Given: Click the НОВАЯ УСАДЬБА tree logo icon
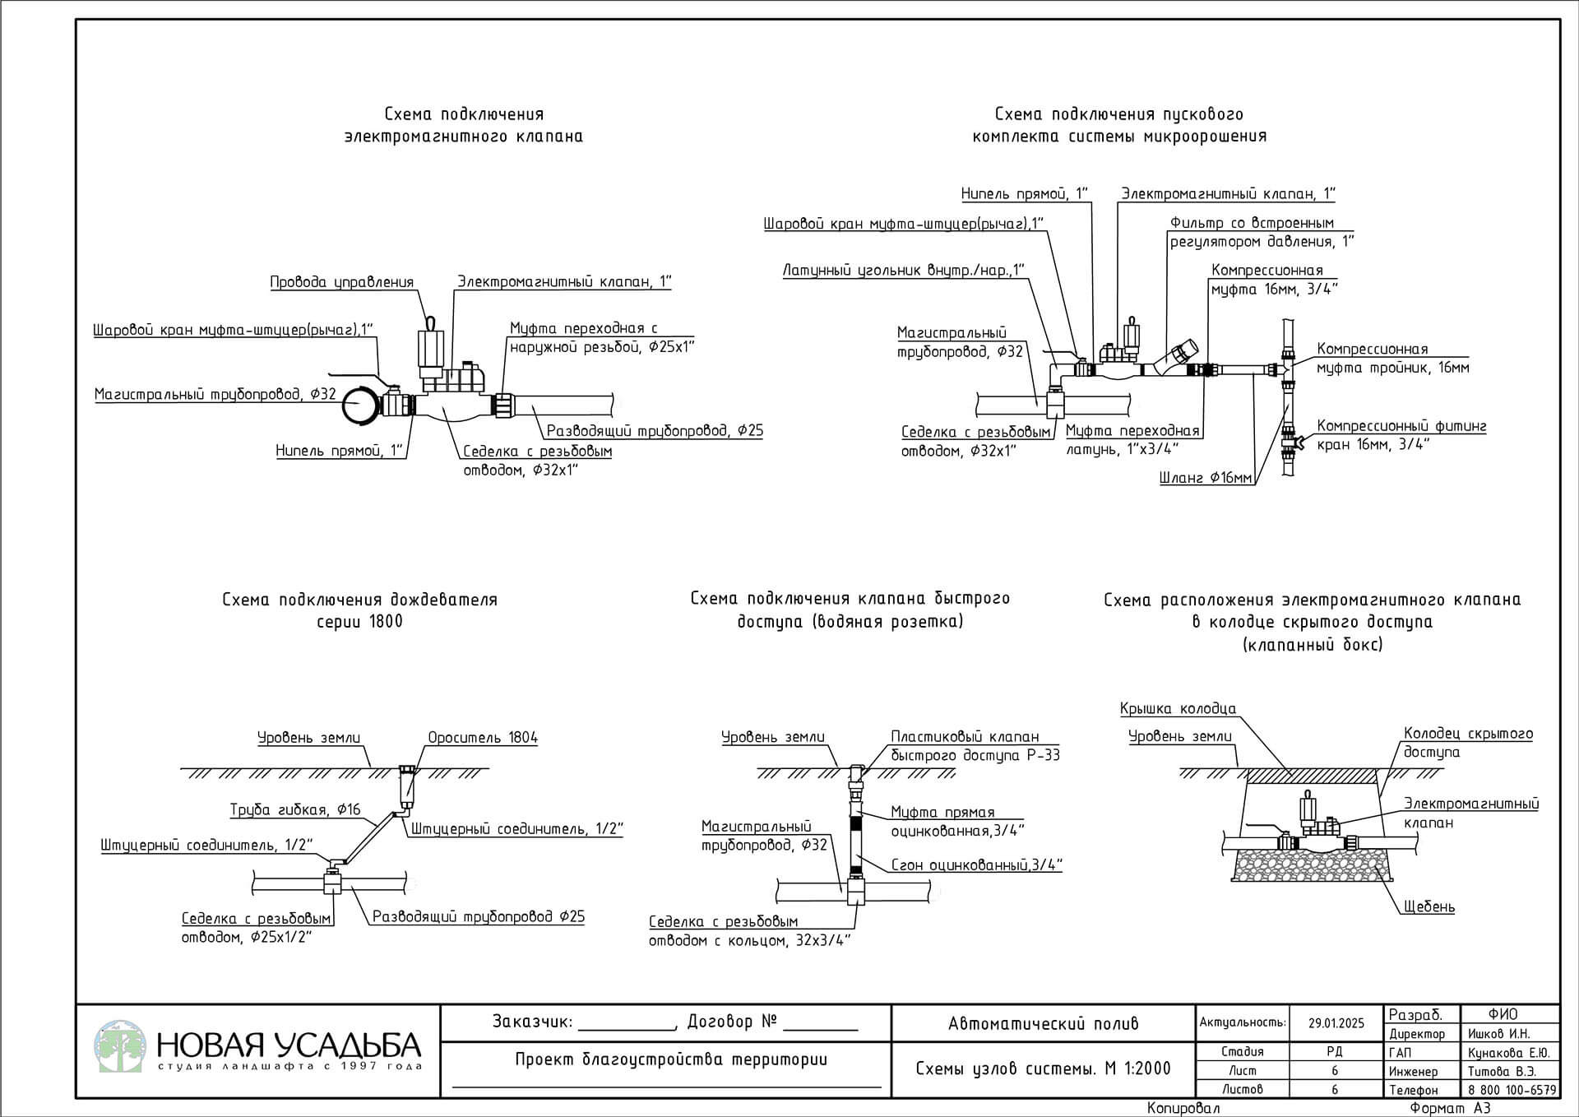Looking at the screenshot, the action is coord(120,1046).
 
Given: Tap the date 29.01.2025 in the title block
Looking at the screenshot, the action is coord(1336,1023).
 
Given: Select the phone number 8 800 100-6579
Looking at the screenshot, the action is coord(1512,1090).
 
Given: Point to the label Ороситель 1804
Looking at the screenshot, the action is coord(483,737).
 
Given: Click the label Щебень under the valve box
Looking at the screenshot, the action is coord(1429,906).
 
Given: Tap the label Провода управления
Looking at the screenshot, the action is coord(342,282).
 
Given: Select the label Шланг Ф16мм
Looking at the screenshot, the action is coord(1206,478).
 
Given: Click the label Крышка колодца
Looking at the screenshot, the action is coord(1178,708).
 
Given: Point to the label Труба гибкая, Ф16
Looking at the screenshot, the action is coord(295,810).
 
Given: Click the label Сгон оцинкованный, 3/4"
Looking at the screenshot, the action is coord(977,864).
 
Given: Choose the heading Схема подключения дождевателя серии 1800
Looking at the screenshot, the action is coord(360,610).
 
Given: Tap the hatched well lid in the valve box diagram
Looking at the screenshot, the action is coord(1313,776).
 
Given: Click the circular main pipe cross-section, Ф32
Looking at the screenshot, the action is coord(359,406).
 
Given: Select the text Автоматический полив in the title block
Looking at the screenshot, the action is coord(1044,1024).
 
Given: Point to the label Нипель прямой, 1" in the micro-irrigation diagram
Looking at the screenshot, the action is coord(1025,193).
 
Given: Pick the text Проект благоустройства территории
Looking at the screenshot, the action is coord(671,1059).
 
